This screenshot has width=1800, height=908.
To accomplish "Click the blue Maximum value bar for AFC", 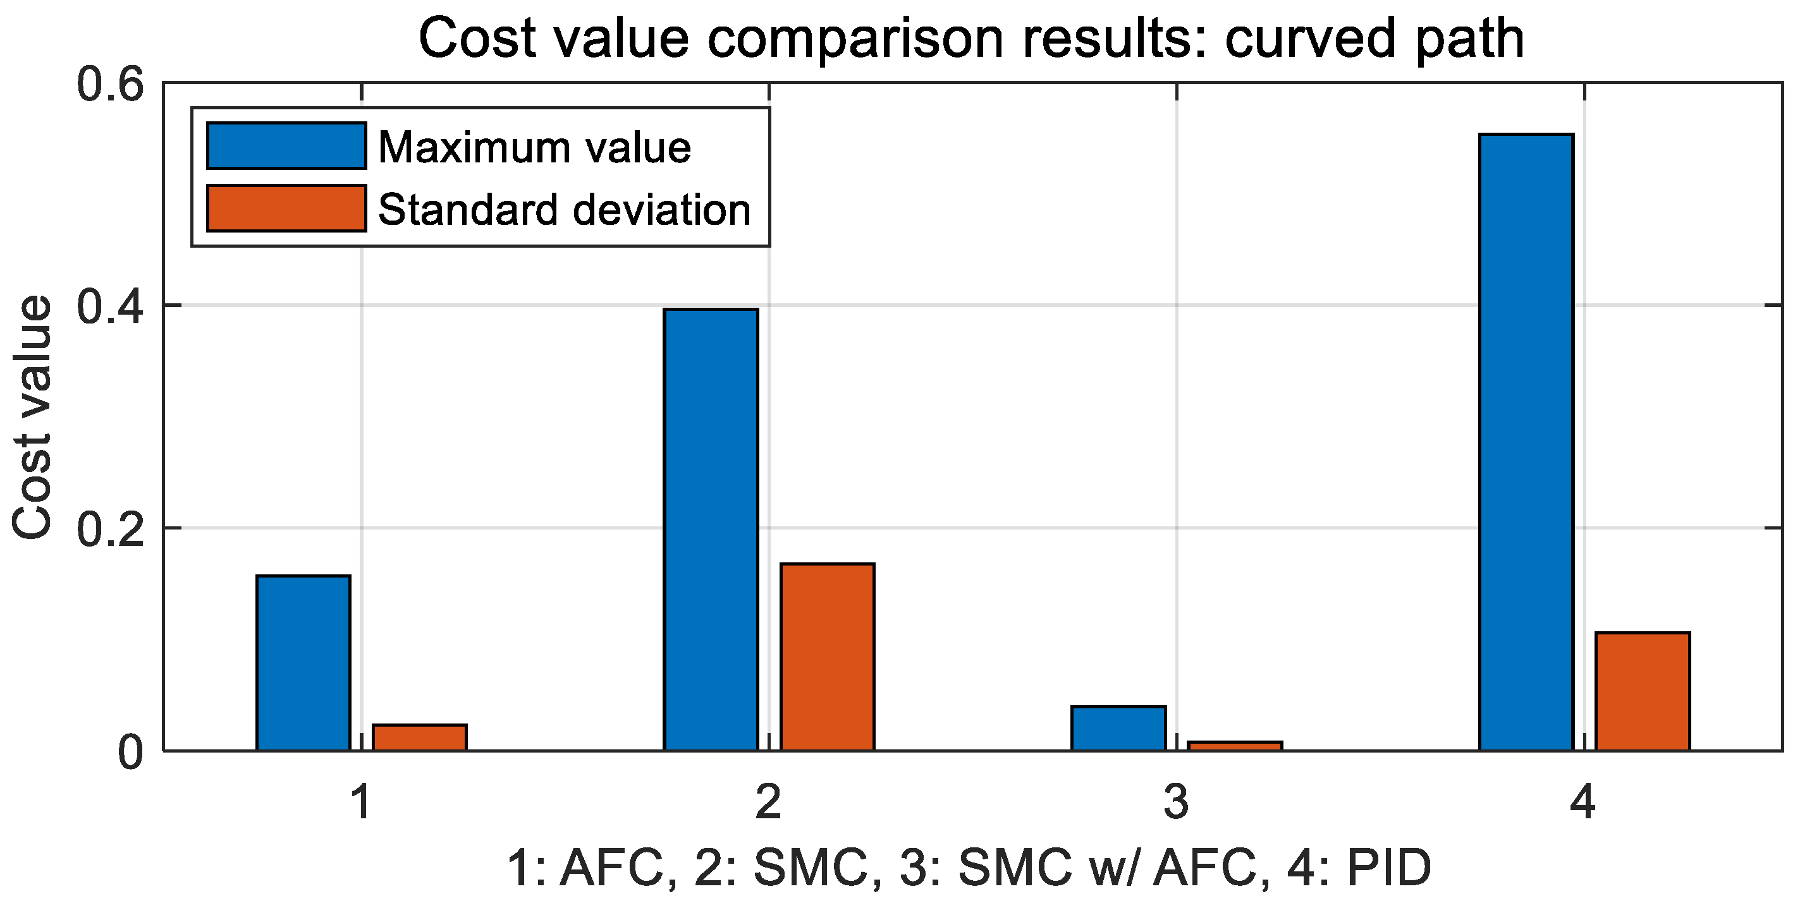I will click(x=303, y=663).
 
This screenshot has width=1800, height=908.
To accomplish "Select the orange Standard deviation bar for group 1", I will click(x=419, y=738).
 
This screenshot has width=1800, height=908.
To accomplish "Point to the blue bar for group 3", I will click(x=1118, y=729).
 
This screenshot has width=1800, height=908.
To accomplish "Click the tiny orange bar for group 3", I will click(x=1235, y=747).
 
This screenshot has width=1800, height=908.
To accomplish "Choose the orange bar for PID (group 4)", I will click(x=1643, y=691).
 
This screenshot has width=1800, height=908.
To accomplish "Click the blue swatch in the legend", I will click(x=286, y=146).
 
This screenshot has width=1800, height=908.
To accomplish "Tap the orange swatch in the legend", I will click(x=286, y=208).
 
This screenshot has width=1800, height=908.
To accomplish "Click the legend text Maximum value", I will click(x=534, y=147).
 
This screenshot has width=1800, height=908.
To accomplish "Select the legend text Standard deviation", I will click(x=564, y=210).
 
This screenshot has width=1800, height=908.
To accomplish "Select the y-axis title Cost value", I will click(x=33, y=418).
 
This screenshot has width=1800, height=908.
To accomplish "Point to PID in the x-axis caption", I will click(x=1389, y=868).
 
